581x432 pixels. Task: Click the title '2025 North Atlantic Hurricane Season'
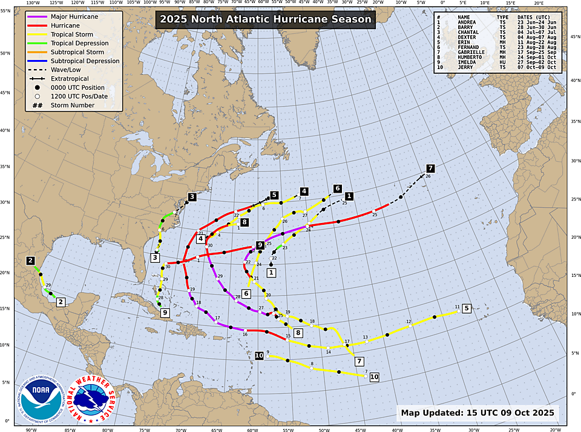(265, 19)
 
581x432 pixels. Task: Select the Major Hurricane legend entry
(74, 16)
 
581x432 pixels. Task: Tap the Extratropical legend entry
(70, 79)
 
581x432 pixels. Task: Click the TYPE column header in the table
(502, 17)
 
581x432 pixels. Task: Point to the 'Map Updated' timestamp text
(478, 413)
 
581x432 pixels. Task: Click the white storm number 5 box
(466, 308)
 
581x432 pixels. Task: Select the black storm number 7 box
(430, 168)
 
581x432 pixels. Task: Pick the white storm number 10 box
(374, 376)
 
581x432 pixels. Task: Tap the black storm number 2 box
(30, 261)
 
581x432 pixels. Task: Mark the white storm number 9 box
(165, 312)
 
